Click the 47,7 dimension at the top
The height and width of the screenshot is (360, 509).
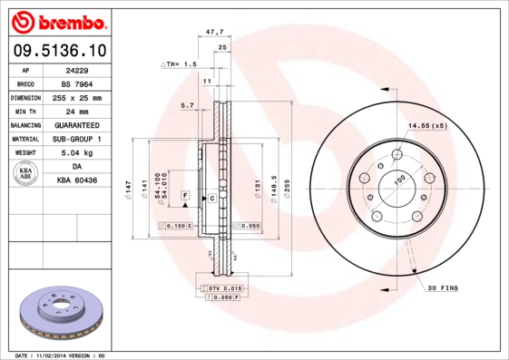tap(214, 32)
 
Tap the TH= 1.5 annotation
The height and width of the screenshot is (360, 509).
tap(179, 65)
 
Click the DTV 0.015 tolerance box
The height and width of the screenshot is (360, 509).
tap(222, 287)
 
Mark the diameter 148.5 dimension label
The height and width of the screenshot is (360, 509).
tap(273, 189)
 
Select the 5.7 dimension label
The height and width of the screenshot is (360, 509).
tap(188, 106)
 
